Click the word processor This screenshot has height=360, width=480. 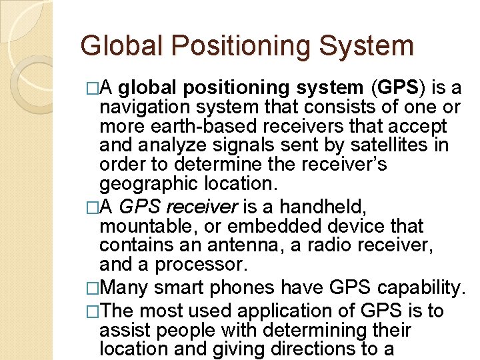click(201, 264)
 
